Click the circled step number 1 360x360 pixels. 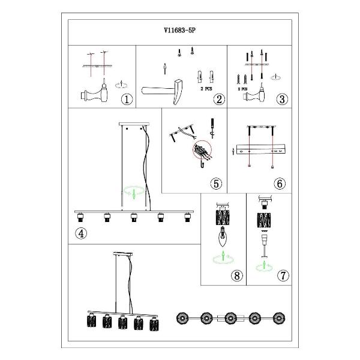127,100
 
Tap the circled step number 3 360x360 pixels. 280,100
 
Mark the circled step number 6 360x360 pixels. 280,184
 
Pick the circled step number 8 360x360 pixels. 236,276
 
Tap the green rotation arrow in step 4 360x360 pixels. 134,193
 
